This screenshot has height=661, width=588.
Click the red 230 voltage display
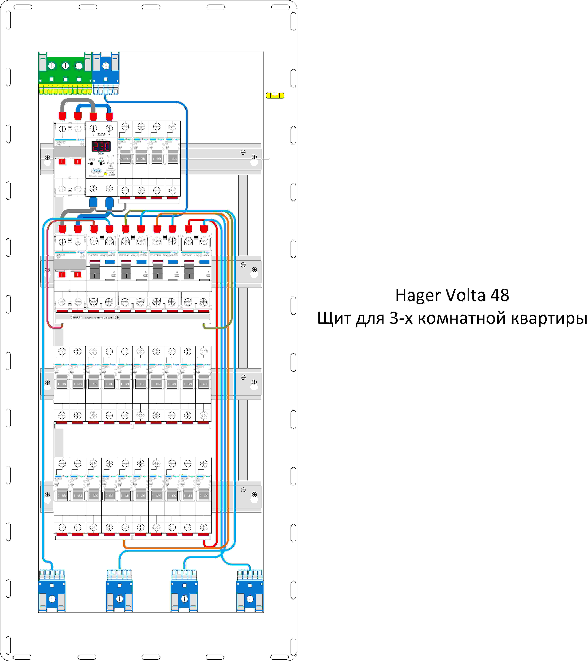(x=101, y=147)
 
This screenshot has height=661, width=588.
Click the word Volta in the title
(x=466, y=295)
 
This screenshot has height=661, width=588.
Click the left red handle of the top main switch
(x=62, y=161)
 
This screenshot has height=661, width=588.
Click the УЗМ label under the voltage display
(x=101, y=154)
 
